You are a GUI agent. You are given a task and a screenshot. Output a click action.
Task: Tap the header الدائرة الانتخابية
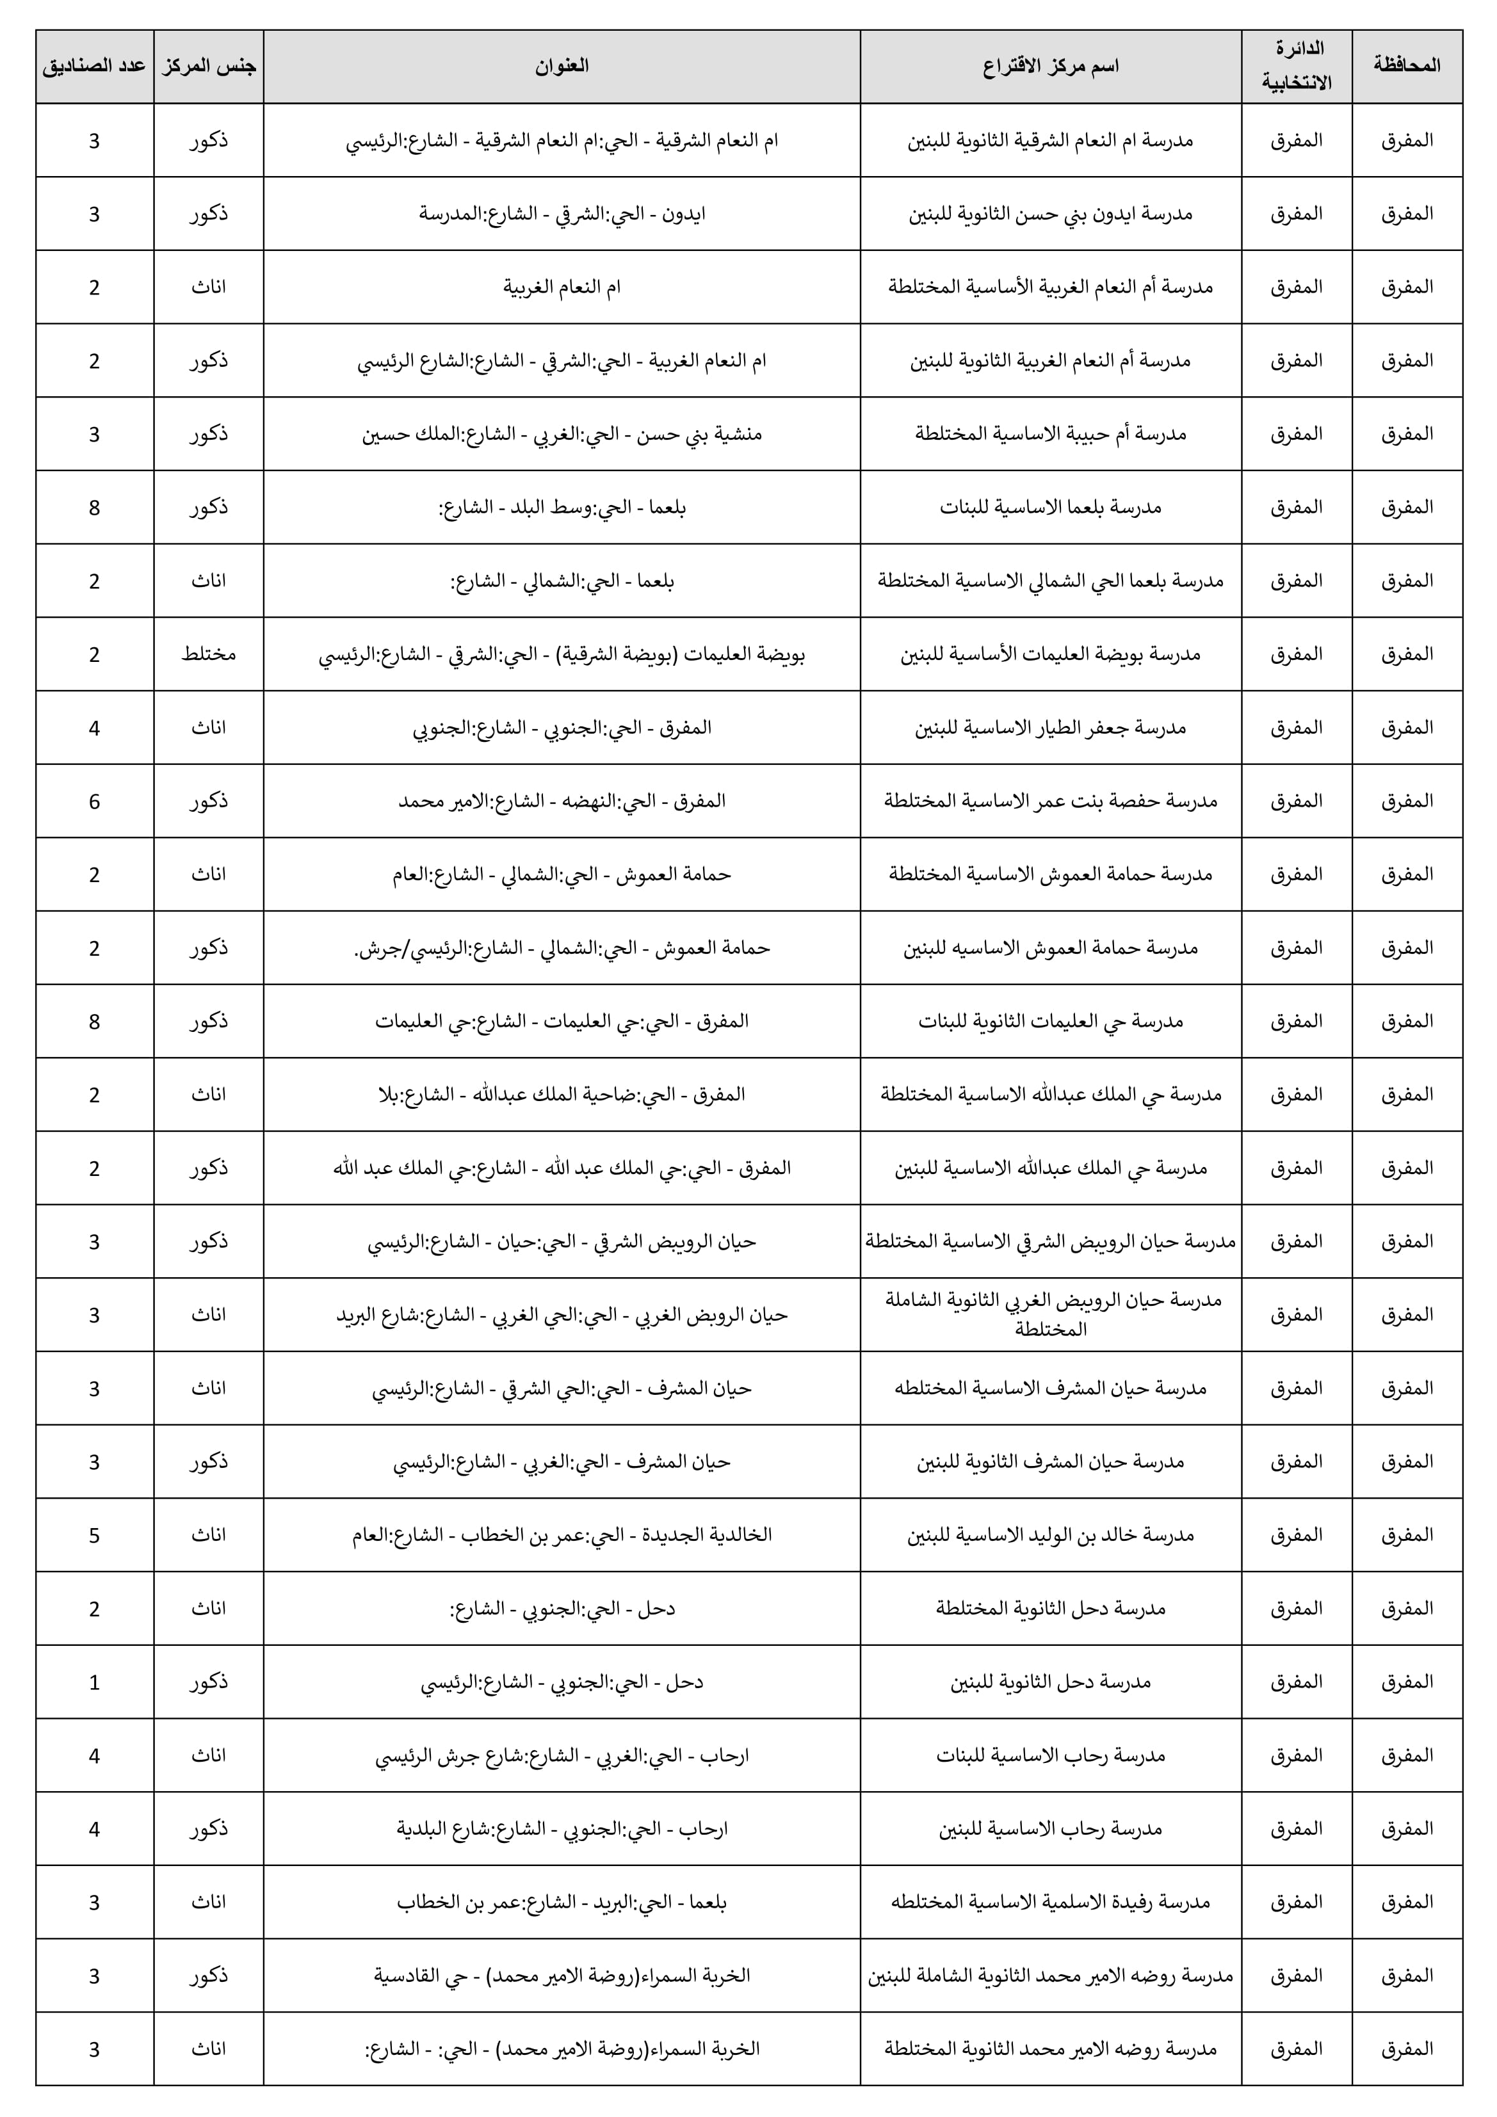(1296, 65)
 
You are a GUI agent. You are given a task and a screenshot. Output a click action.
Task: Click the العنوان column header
(562, 65)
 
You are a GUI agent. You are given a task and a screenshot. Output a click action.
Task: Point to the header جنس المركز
(209, 65)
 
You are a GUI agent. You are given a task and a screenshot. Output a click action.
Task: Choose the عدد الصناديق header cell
(94, 65)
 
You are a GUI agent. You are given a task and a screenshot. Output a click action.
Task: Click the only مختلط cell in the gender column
(209, 654)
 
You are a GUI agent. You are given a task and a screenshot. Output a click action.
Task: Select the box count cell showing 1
(94, 1682)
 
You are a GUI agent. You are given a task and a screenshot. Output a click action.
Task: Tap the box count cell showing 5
(94, 1535)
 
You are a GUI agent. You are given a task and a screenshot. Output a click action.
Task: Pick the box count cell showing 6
(94, 800)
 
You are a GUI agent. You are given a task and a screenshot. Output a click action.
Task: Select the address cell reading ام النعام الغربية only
(562, 287)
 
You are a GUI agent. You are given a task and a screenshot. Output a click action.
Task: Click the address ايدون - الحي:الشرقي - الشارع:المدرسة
(562, 213)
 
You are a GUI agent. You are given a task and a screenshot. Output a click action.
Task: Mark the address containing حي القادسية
(562, 1976)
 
